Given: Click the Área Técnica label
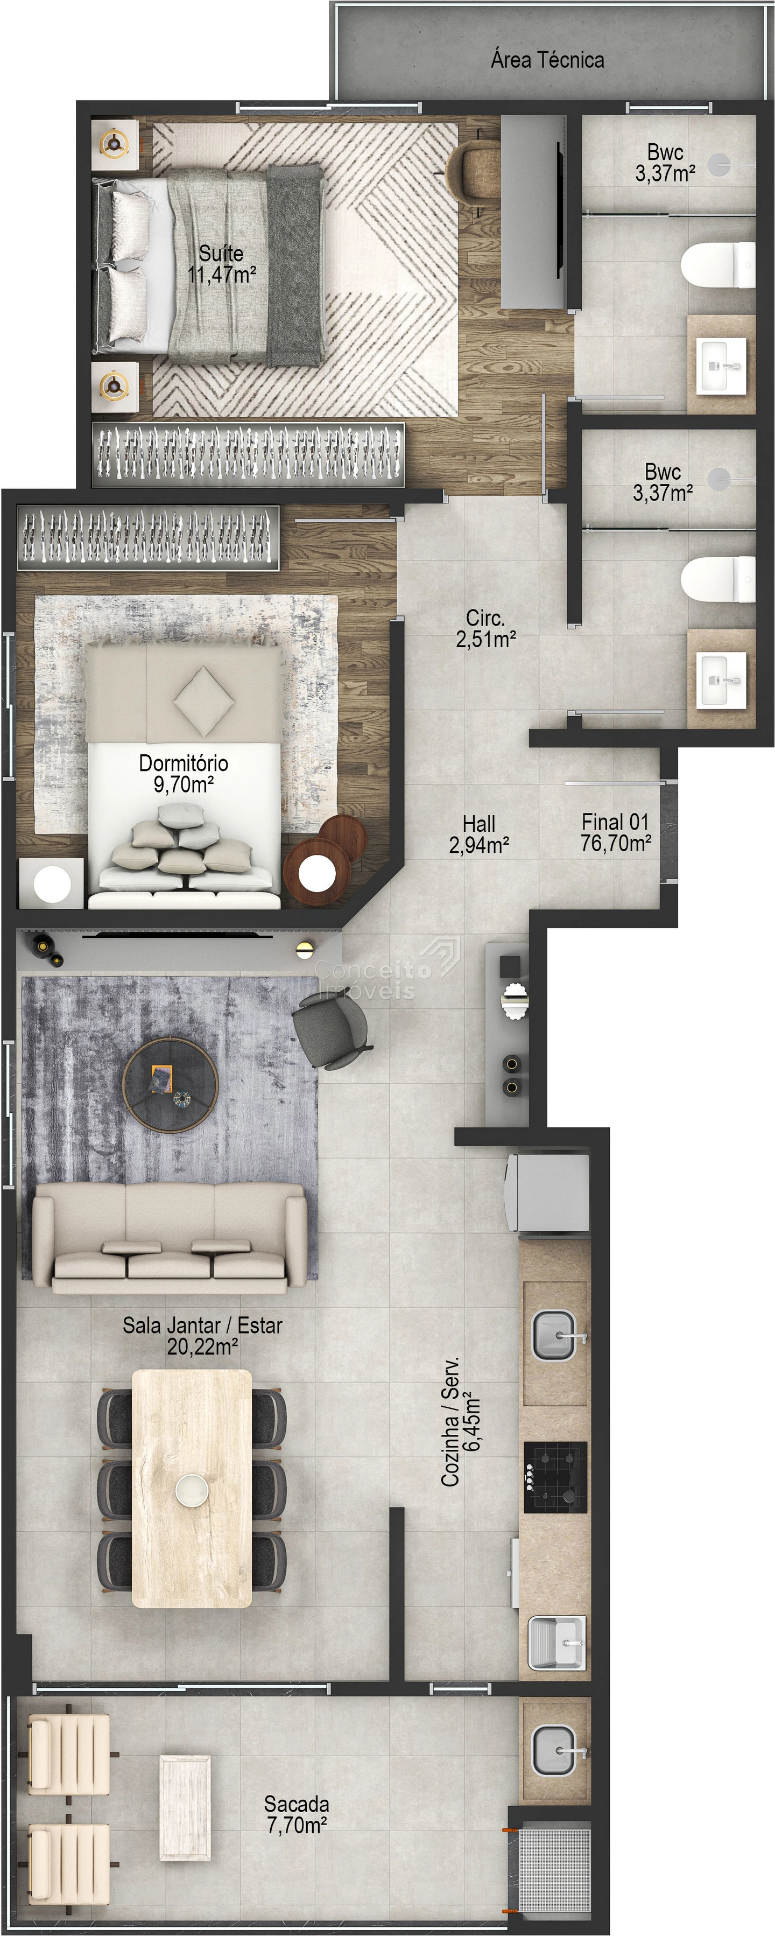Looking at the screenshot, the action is (547, 60).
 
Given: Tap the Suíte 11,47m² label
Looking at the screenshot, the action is (222, 264).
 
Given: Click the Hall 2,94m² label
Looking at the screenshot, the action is (479, 834).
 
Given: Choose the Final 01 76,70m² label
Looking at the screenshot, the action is (616, 833).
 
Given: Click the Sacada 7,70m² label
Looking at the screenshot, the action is (297, 1815).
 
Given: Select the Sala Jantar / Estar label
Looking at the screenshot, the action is (203, 1325).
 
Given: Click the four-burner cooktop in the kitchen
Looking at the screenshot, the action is (556, 1477).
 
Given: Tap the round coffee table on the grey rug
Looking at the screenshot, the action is (171, 1084).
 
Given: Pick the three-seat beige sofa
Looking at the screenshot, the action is (170, 1238).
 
